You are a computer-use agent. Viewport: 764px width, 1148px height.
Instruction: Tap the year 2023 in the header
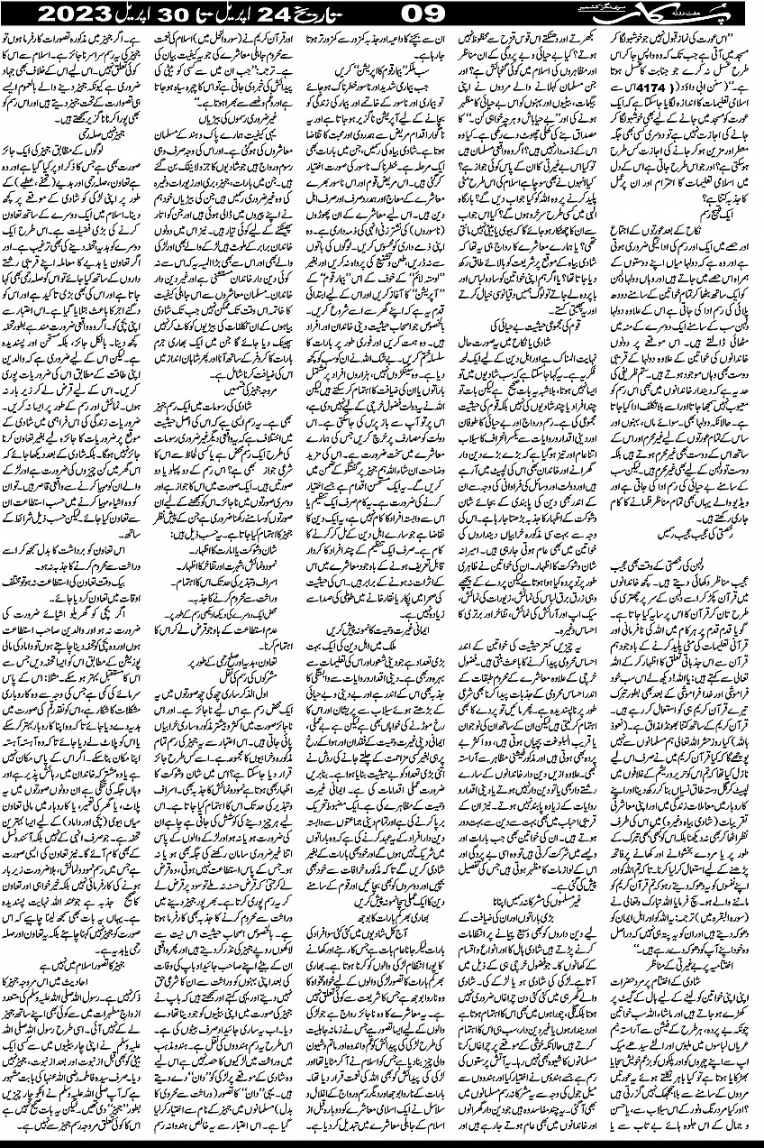[x=62, y=16]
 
